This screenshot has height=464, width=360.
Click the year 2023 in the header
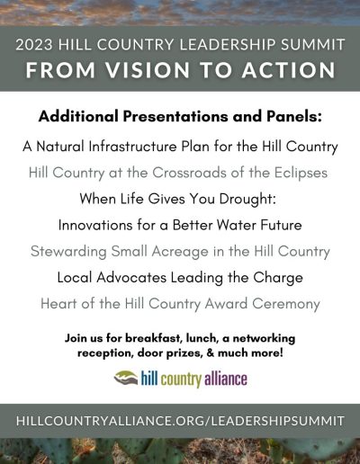click(34, 44)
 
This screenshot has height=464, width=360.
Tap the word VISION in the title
click(148, 70)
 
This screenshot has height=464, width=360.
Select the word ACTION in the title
click(289, 70)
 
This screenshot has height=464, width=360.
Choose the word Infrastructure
click(133, 147)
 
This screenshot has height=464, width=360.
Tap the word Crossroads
click(189, 173)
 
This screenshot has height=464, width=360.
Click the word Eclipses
click(301, 174)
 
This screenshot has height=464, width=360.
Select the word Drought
click(247, 200)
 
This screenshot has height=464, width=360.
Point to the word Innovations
click(95, 225)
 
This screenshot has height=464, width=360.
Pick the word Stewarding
click(68, 252)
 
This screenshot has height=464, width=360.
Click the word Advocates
click(131, 278)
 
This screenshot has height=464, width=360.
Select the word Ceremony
click(286, 305)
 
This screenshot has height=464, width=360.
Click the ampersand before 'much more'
click(211, 352)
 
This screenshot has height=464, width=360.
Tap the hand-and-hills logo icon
click(126, 378)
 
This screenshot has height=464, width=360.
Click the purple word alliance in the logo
click(226, 379)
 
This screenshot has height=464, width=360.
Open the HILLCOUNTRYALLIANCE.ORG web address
click(180, 421)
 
